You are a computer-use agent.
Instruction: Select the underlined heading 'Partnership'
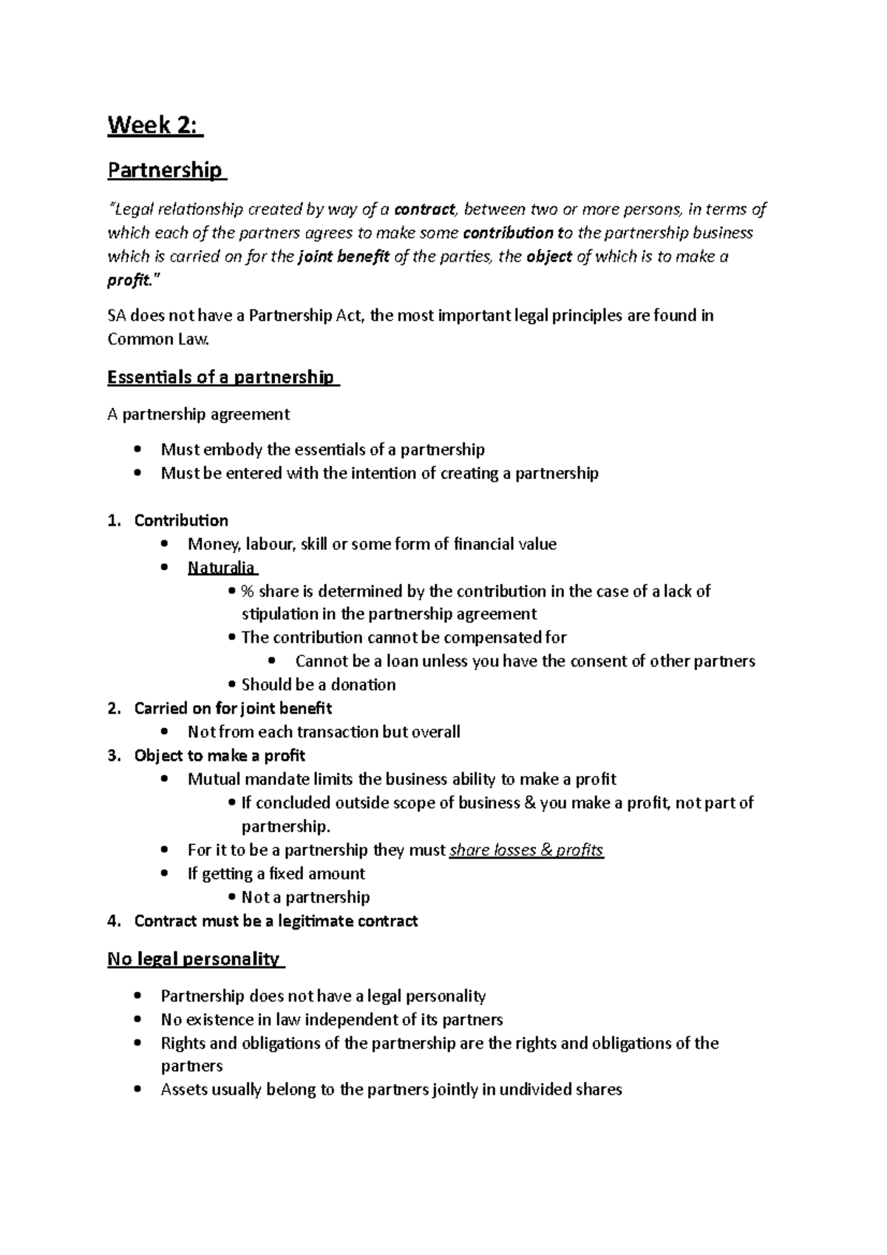(x=164, y=170)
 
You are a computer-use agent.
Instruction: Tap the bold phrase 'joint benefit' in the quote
(x=344, y=256)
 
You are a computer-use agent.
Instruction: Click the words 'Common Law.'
(x=159, y=339)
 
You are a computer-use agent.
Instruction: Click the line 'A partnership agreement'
(x=198, y=414)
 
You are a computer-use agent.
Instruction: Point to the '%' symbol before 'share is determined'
(x=247, y=591)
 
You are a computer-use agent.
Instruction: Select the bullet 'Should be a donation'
(x=318, y=684)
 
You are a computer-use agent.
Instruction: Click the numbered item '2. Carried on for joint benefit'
(x=232, y=708)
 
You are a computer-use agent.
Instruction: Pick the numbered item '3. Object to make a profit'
(x=219, y=755)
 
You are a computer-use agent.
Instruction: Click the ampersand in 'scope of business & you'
(x=529, y=803)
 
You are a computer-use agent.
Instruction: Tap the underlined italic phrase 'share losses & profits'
(x=526, y=850)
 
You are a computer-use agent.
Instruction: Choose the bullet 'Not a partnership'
(x=305, y=897)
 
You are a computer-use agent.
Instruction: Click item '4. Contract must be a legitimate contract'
(x=275, y=921)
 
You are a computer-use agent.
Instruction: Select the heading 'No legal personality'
(x=194, y=959)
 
